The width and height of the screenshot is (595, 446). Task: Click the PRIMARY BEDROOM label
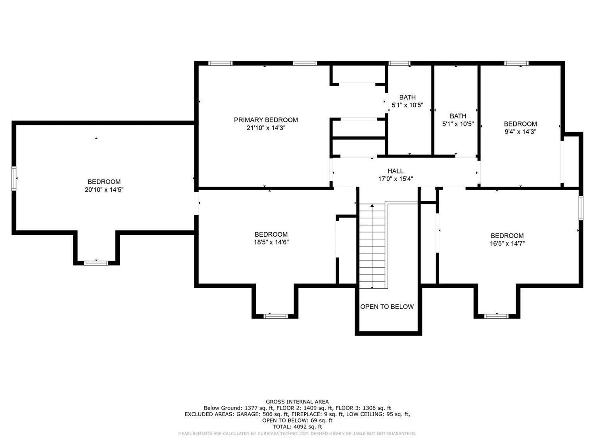click(266, 120)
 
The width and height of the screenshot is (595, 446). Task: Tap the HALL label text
click(395, 171)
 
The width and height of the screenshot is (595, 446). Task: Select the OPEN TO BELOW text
click(387, 306)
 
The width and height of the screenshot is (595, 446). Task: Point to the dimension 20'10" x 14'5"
click(104, 190)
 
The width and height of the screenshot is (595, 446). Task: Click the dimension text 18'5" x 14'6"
click(271, 242)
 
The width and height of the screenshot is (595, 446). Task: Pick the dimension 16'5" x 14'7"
click(507, 243)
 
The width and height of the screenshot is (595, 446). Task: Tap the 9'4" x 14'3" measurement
click(520, 132)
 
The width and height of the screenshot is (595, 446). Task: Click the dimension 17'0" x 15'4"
click(395, 179)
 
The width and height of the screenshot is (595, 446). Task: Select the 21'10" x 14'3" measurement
click(266, 128)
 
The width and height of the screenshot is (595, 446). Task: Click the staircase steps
click(372, 246)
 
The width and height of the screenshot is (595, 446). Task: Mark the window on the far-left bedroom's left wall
click(14, 178)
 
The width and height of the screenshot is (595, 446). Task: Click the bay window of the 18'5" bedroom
click(276, 316)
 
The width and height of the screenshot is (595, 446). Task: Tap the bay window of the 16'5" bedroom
click(497, 316)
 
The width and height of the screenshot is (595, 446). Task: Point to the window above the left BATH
click(399, 63)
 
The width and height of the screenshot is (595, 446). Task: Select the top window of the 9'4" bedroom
click(516, 63)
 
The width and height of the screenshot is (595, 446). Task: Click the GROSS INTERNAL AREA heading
click(297, 402)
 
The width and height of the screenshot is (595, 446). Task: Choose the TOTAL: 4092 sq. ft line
click(297, 427)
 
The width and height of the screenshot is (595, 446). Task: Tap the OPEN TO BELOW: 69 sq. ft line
click(297, 421)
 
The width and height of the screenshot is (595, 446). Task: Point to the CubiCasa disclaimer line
click(297, 434)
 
